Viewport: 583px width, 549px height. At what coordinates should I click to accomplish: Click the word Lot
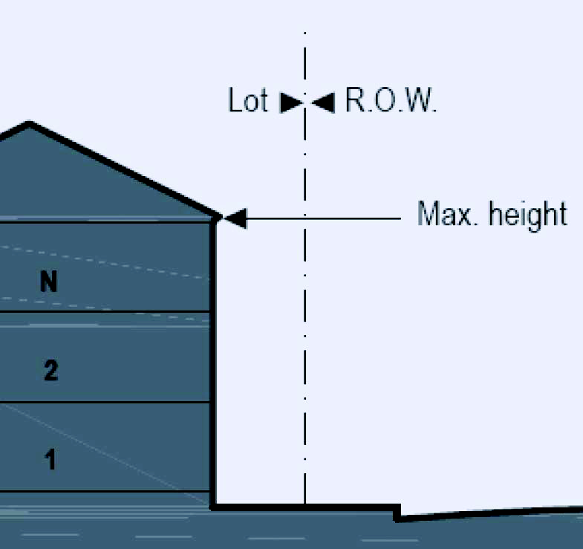coord(247,100)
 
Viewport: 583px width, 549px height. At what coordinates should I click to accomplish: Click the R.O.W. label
coord(391,100)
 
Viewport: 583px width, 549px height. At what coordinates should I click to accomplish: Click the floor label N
coord(49,282)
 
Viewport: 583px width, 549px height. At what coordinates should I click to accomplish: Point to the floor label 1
coord(50,461)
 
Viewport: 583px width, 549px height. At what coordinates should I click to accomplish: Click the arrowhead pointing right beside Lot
coord(290,103)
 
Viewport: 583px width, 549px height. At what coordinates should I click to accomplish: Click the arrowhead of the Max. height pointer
coord(234,218)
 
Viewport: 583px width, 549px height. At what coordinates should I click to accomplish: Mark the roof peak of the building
coord(29,124)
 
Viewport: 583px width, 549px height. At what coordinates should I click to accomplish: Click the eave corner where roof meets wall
coord(216,218)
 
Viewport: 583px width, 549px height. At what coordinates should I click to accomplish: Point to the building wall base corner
coord(214,507)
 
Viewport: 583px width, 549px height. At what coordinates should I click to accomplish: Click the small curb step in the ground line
coord(397,512)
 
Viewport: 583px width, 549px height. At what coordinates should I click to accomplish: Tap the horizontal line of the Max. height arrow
coord(327,218)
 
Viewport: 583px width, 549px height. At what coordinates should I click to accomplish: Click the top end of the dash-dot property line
coord(304,34)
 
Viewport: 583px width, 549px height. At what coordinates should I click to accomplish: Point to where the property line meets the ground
coord(304,507)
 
